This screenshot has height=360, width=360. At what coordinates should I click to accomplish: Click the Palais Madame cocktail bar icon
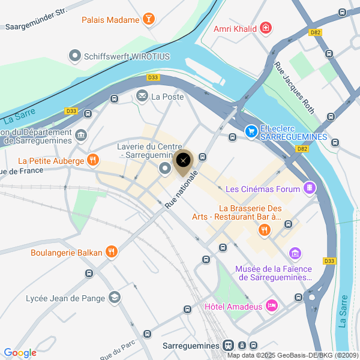tap(148, 20)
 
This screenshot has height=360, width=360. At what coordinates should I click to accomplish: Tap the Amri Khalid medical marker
tap(266, 29)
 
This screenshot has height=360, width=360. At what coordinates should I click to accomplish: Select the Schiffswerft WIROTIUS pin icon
tap(75, 56)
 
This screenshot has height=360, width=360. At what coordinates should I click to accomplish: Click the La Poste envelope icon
tap(142, 96)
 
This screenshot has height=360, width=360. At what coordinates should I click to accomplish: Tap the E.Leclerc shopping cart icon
tap(251, 131)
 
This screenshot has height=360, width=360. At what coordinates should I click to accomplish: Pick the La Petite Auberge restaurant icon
tap(92, 160)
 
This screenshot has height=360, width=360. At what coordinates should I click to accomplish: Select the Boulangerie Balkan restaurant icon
tap(111, 252)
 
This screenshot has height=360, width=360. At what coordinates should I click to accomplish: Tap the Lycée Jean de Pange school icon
tap(114, 298)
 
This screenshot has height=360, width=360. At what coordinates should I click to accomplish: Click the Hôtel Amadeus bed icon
tap(272, 306)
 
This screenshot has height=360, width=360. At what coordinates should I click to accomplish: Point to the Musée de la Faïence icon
tap(295, 254)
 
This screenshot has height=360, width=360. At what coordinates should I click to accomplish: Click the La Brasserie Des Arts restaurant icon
tap(264, 230)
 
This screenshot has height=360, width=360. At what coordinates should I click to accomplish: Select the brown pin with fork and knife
tap(184, 161)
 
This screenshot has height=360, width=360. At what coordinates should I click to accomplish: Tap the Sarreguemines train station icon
tap(228, 346)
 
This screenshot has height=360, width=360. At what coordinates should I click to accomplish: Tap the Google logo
tap(20, 353)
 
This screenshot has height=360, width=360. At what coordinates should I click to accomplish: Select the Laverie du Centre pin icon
tap(164, 170)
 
